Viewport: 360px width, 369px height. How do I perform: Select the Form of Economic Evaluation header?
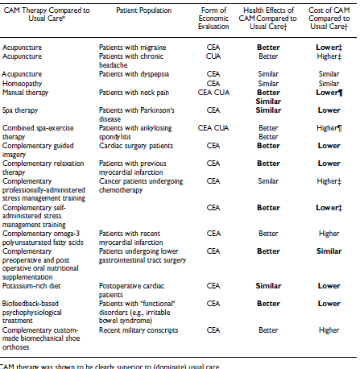213,17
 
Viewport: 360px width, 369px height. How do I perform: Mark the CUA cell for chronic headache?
213,58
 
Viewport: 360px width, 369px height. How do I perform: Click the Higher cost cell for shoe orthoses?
329,329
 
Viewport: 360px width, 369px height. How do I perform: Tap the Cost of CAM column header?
329,17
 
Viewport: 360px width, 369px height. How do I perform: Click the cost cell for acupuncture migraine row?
329,48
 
